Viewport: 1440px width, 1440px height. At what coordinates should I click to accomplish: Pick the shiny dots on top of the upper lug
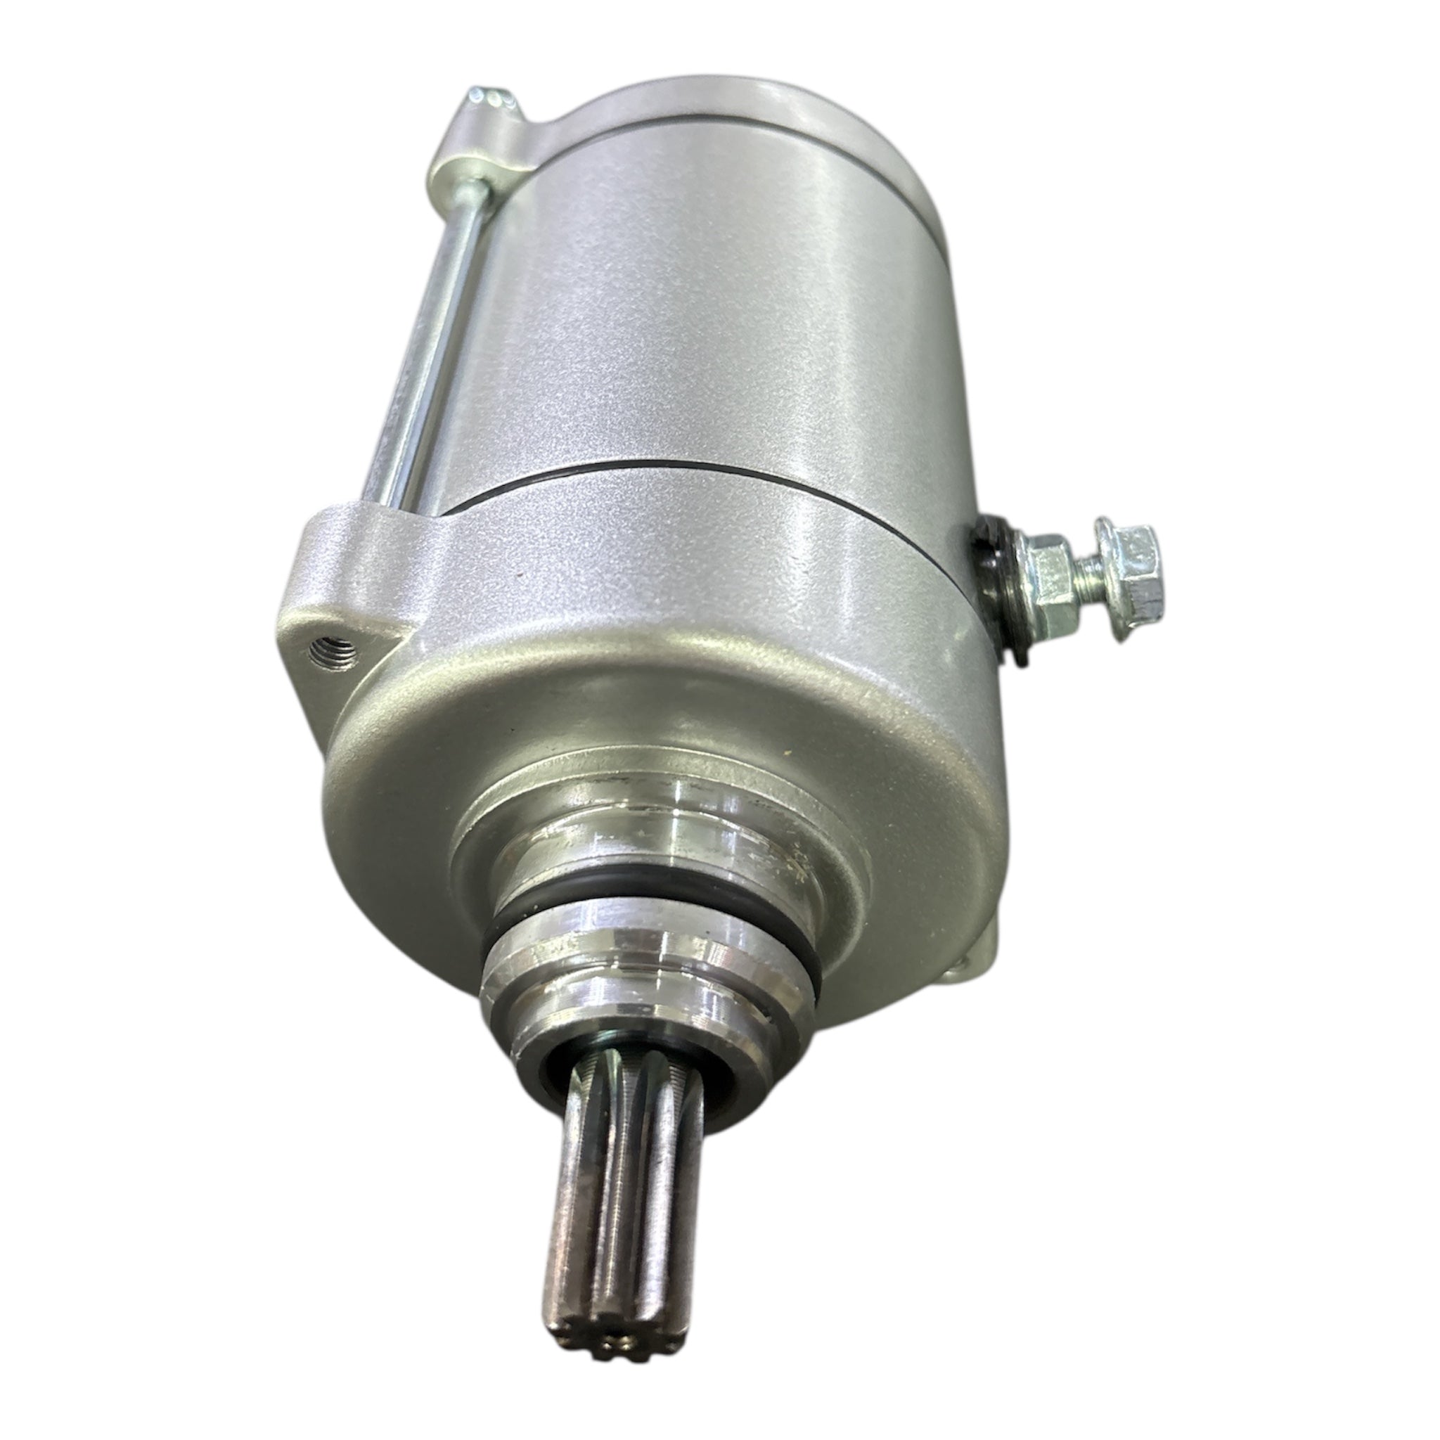[x=488, y=96]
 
